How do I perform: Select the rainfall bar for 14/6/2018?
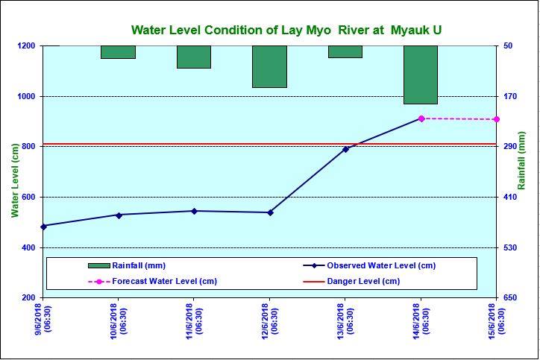click(421, 75)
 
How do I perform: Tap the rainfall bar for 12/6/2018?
click(269, 66)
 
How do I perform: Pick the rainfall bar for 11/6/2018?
click(194, 57)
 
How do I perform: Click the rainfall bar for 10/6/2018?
click(118, 52)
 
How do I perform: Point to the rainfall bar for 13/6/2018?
click(345, 51)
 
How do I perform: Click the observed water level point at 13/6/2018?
click(345, 149)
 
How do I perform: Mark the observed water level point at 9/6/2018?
click(43, 226)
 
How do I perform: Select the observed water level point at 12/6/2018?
click(270, 212)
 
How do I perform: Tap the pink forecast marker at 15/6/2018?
click(496, 119)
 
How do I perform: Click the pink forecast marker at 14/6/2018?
click(421, 119)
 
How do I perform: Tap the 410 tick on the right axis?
click(509, 198)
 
